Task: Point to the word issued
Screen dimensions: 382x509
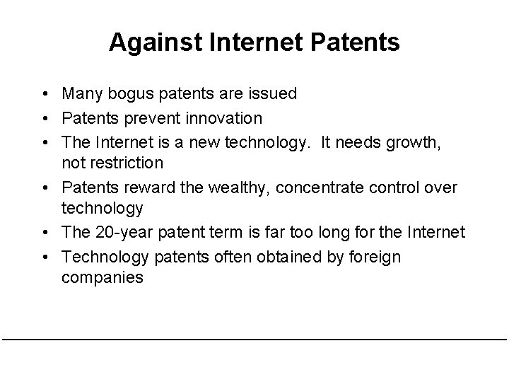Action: click(x=272, y=93)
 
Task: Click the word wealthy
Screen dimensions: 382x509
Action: click(x=238, y=187)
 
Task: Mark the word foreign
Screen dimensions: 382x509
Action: click(x=372, y=256)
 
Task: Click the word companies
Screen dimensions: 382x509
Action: click(x=102, y=277)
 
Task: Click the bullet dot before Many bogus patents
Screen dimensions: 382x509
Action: click(x=45, y=93)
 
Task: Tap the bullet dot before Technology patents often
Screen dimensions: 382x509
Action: click(x=45, y=256)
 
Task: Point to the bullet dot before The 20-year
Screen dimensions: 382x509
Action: click(x=45, y=232)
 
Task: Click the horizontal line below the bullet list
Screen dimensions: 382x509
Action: click(x=255, y=340)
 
